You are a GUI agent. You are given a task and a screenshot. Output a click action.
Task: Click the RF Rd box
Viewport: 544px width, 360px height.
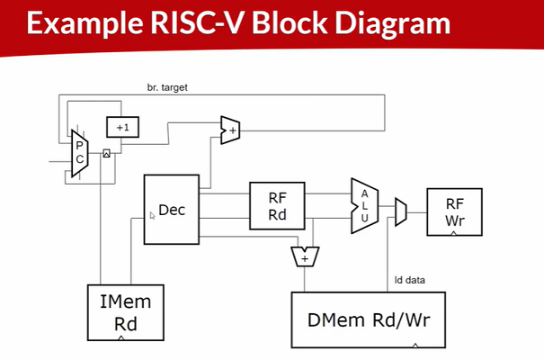[277, 205]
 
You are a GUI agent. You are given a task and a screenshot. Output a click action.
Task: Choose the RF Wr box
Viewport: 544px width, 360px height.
[454, 211]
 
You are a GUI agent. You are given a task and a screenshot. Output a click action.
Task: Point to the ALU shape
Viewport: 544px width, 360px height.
[364, 206]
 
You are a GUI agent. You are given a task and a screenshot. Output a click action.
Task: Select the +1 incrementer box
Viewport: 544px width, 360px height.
[123, 128]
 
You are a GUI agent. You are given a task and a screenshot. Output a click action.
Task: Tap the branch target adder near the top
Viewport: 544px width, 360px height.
[230, 130]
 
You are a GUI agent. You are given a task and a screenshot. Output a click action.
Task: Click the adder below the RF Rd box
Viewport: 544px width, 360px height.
[305, 257]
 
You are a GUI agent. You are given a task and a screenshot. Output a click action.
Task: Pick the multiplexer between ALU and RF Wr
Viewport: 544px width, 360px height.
[401, 211]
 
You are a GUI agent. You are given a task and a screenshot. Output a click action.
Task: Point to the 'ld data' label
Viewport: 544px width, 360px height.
[410, 280]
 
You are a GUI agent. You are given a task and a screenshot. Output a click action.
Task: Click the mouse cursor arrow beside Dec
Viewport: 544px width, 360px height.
[152, 216]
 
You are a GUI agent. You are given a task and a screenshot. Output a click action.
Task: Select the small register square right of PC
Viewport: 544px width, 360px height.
[106, 154]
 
